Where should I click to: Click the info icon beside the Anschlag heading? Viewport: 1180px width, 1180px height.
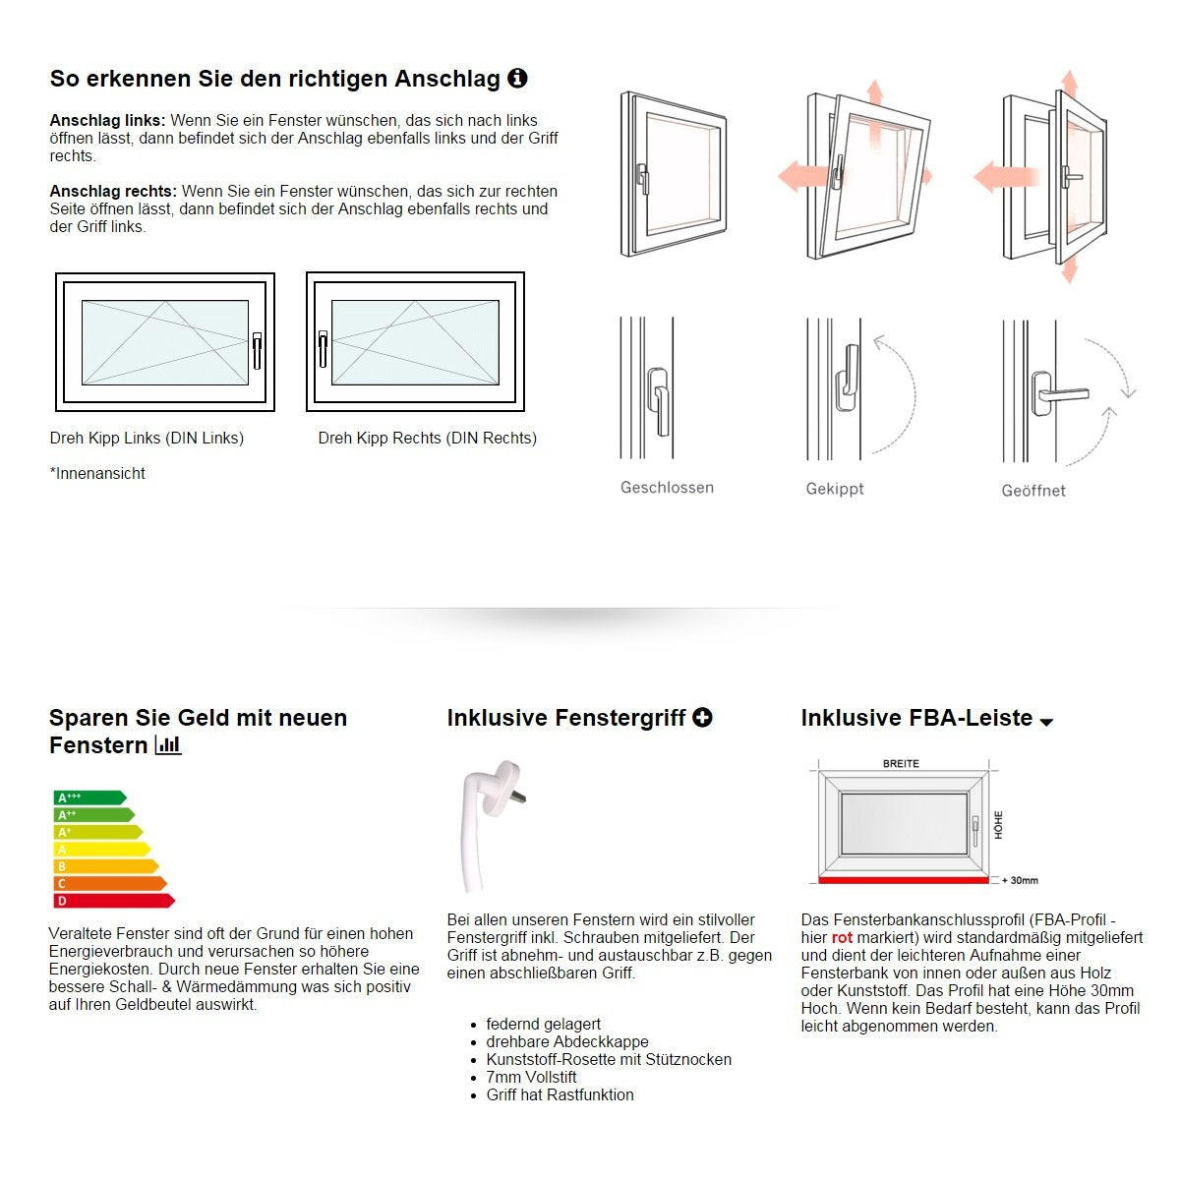[517, 78]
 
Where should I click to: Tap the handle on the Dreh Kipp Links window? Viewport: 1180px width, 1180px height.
[257, 350]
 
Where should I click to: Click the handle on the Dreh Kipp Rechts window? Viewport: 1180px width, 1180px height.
[323, 347]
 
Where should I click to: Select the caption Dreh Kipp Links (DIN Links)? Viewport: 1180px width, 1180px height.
[147, 438]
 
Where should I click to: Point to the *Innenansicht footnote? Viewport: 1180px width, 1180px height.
[97, 473]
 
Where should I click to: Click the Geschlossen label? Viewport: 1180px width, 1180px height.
[667, 487]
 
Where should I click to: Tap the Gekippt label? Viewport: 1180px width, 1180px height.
[835, 489]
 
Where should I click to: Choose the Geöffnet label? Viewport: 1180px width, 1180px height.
[1032, 490]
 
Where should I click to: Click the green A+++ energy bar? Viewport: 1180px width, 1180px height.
[88, 798]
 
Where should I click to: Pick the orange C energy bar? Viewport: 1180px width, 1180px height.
[109, 883]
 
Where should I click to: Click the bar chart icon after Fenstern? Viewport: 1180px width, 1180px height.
[168, 745]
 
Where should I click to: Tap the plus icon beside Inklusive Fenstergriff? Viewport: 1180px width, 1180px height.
[702, 718]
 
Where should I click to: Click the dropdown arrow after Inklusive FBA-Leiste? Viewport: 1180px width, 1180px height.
[1046, 722]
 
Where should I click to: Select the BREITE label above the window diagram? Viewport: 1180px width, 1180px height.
[901, 764]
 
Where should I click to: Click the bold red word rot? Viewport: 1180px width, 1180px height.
[842, 937]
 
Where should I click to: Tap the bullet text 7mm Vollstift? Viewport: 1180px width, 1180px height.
[531, 1077]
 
